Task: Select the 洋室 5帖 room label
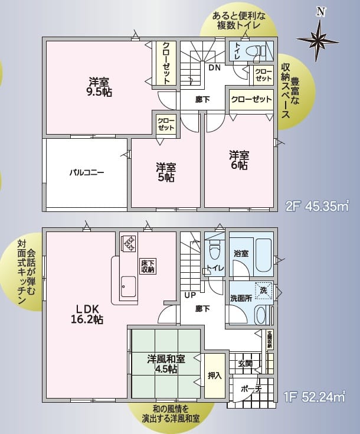[x=165, y=172]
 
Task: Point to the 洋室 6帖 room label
[x=239, y=160]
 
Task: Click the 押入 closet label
[x=214, y=375]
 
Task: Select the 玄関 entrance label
[x=245, y=364]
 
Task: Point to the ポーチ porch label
[x=251, y=389]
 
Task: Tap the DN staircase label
[x=214, y=67]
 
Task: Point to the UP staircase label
[x=190, y=295]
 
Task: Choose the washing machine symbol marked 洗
[x=264, y=291]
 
